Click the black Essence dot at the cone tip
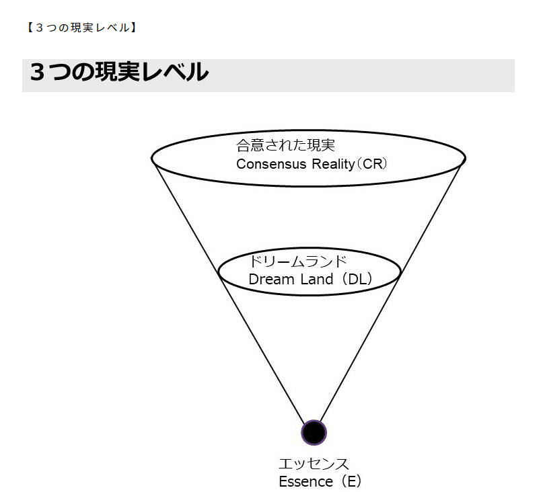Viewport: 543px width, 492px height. click(x=314, y=432)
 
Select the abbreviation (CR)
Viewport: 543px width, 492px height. click(x=371, y=165)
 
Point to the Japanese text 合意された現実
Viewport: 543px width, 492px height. click(x=285, y=145)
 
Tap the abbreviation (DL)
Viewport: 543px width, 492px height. click(x=356, y=279)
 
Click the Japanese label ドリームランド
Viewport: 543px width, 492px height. click(x=297, y=261)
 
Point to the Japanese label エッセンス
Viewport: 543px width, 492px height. click(x=314, y=464)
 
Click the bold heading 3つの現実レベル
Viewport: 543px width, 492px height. click(x=118, y=73)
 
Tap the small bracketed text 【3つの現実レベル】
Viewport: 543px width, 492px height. click(x=81, y=28)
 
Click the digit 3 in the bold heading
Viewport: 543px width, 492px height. click(x=38, y=73)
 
